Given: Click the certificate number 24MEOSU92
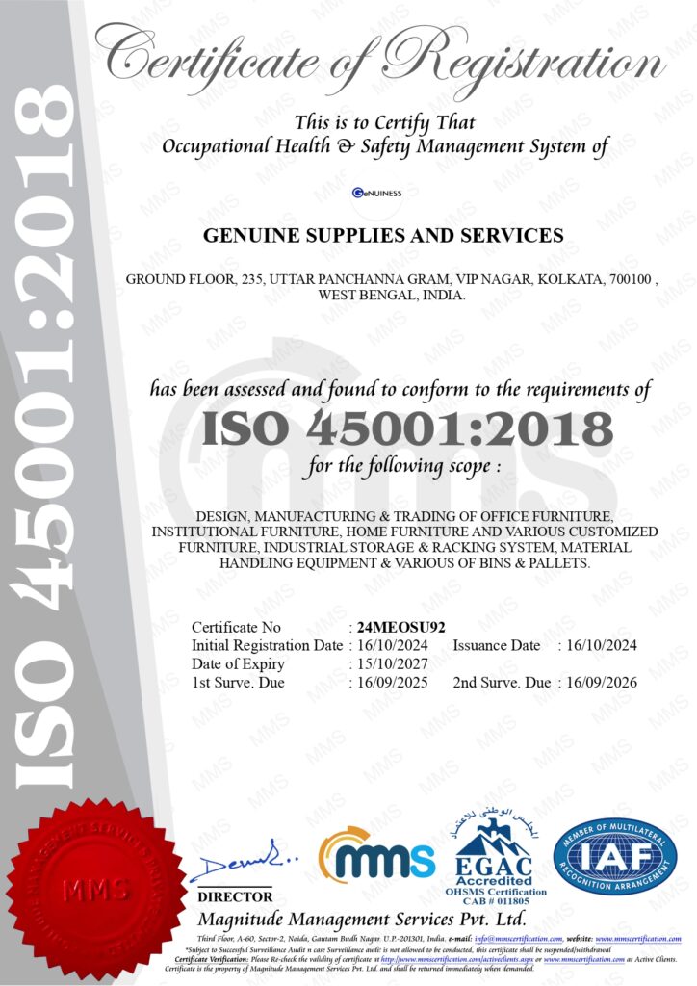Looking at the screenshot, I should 400,627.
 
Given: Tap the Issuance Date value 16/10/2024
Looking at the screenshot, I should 603,645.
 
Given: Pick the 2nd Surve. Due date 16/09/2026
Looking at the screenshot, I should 603,683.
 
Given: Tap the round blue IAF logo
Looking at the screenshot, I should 614,856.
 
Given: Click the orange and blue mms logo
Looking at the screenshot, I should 376,855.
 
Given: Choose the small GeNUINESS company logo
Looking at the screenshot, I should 376,193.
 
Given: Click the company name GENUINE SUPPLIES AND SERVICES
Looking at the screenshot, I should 383,235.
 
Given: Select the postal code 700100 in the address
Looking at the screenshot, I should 631,280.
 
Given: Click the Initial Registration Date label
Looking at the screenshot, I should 266,645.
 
